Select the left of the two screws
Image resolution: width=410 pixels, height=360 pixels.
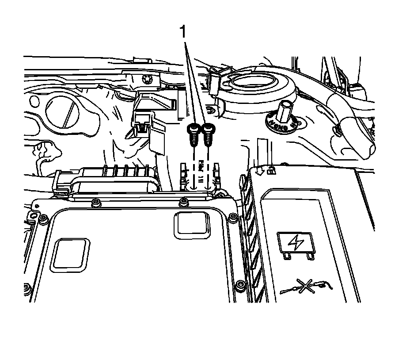tap(193, 133)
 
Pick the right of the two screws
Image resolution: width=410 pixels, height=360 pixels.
tap(207, 132)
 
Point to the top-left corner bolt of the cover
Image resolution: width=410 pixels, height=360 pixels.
tap(43, 219)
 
